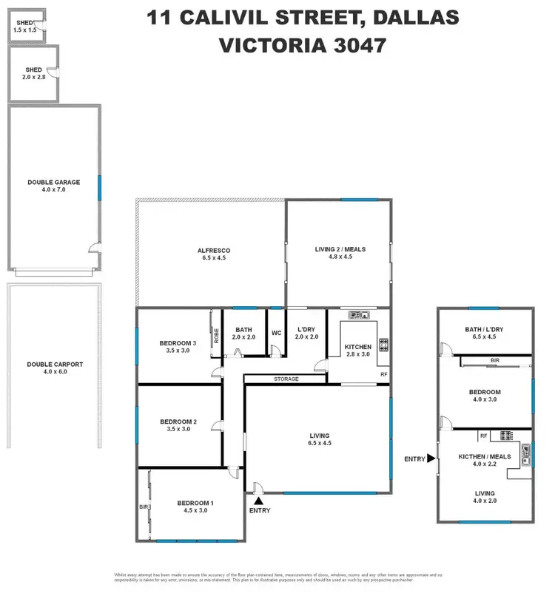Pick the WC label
pos(276,333)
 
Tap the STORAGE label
pos(286,379)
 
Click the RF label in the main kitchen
pos(383,375)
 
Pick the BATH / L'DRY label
pos(485,330)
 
